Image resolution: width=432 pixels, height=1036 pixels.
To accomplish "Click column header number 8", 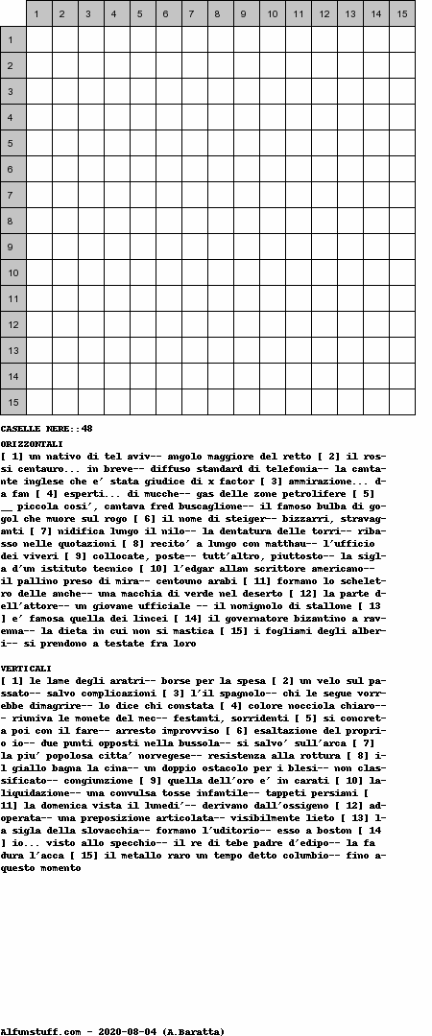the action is coord(220,13).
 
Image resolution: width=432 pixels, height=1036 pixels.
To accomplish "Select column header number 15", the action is coord(401,13).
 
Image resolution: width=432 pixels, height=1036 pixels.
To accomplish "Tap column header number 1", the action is coord(38,13).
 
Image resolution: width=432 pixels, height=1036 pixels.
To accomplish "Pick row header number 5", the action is coord(12,143).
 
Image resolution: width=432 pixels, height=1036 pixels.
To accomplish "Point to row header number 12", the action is coord(12,324).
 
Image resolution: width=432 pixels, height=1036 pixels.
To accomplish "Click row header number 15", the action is coord(12,402).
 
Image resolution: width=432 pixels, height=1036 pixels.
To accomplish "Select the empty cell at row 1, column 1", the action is coord(38,39).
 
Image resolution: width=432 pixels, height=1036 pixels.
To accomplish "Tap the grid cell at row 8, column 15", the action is coord(401,221).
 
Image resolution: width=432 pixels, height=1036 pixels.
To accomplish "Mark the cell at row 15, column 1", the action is coord(38,402).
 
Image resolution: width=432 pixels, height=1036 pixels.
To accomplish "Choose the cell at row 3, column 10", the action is coord(272,91).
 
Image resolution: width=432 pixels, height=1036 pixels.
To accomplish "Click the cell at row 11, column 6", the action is coord(168,298).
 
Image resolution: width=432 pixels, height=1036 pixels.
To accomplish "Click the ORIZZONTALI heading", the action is coord(32,444).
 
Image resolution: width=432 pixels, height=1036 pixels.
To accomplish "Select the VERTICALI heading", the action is coord(27,668).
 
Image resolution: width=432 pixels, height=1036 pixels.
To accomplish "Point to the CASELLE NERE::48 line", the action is coord(46,428).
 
